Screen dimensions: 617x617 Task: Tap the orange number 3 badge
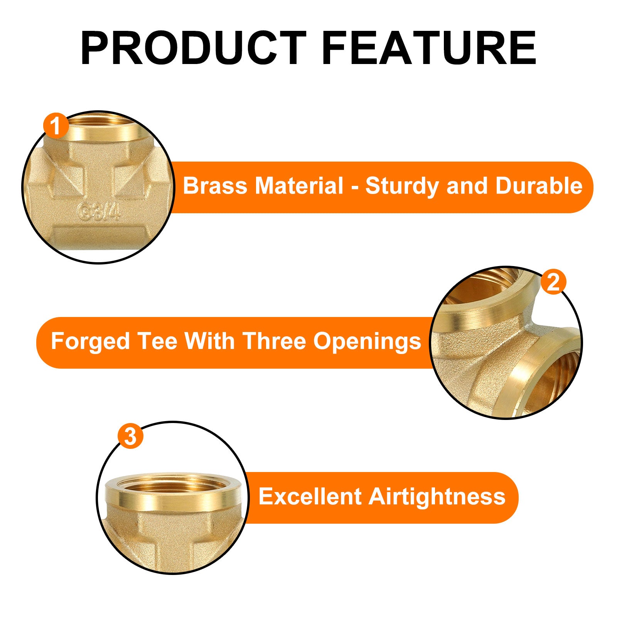(x=130, y=436)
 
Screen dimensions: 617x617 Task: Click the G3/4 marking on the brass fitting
(x=98, y=212)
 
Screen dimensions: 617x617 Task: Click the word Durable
(x=539, y=186)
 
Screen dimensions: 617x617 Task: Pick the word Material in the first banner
(x=298, y=186)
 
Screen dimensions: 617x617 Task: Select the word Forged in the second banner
(x=90, y=342)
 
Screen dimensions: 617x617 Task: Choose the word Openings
(x=367, y=342)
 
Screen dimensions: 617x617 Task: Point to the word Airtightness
(x=437, y=496)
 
